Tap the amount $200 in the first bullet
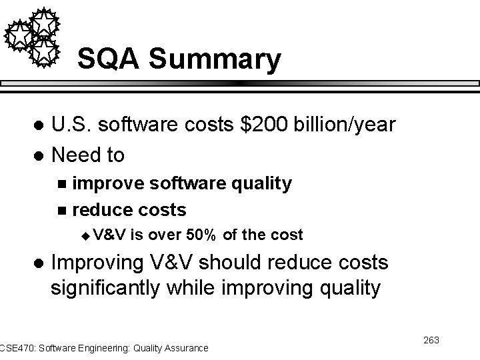click(x=258, y=125)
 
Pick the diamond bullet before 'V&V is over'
click(x=84, y=235)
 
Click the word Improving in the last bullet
click(x=97, y=263)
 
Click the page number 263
click(x=431, y=341)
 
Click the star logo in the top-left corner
click(x=33, y=37)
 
